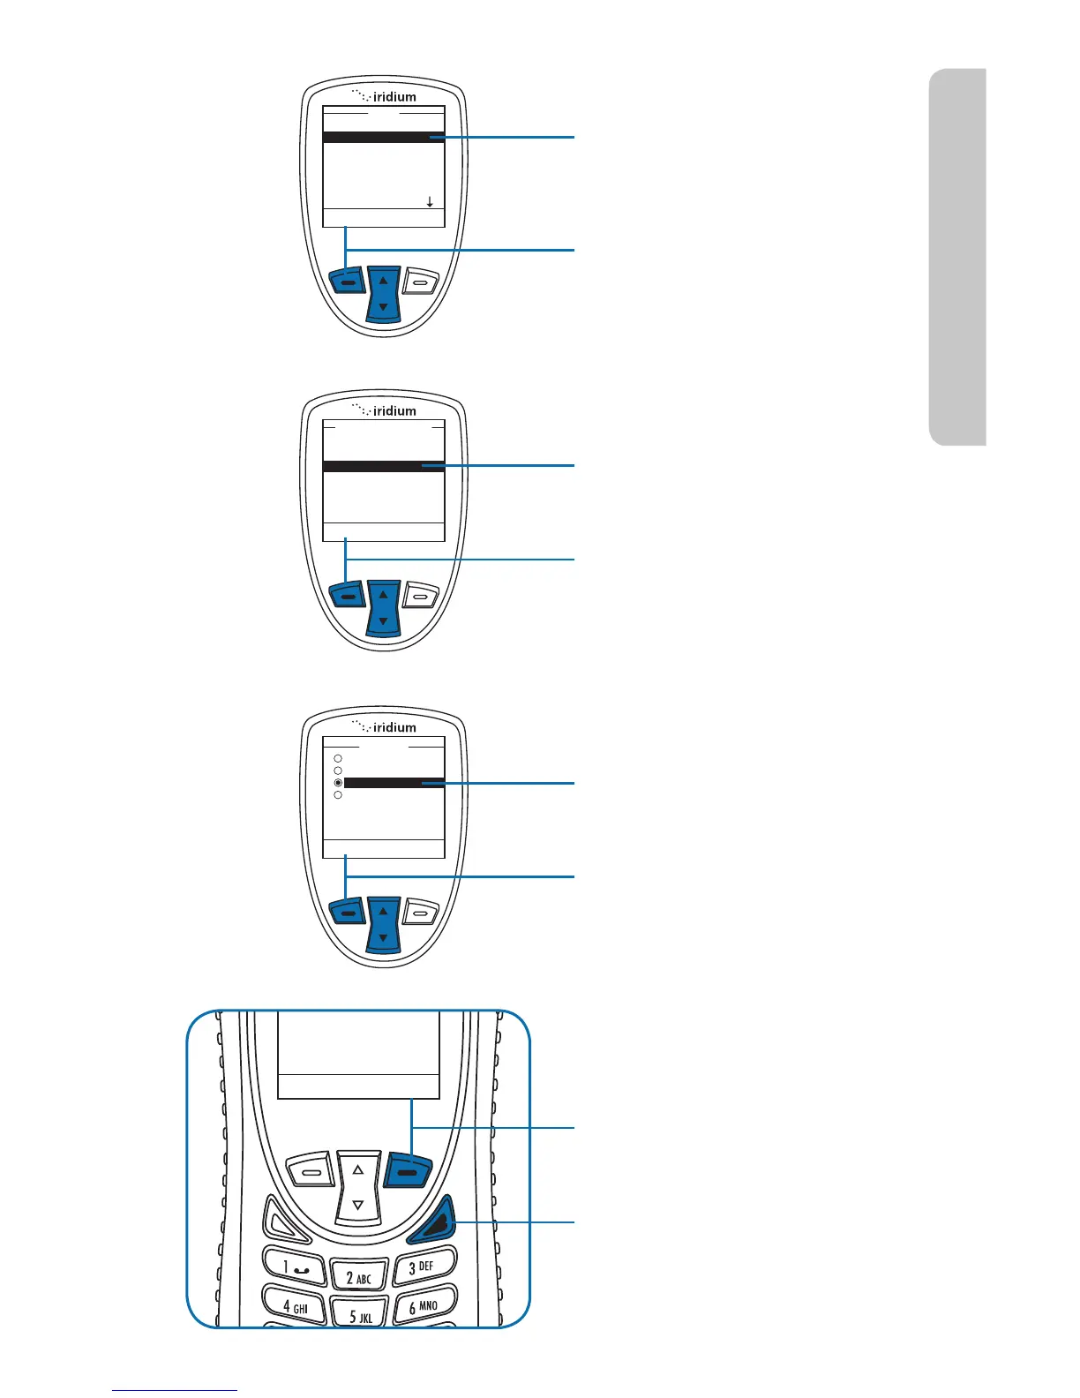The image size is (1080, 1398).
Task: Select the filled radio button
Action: point(338,783)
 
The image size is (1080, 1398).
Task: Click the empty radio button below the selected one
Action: point(338,795)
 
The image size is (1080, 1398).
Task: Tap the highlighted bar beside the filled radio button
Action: point(394,783)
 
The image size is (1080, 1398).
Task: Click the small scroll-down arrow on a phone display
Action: point(430,202)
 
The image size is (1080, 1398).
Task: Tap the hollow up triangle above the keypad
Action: point(358,1169)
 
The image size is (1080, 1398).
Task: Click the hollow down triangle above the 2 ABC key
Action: point(358,1205)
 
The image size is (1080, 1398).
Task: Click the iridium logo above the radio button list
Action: point(385,726)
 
